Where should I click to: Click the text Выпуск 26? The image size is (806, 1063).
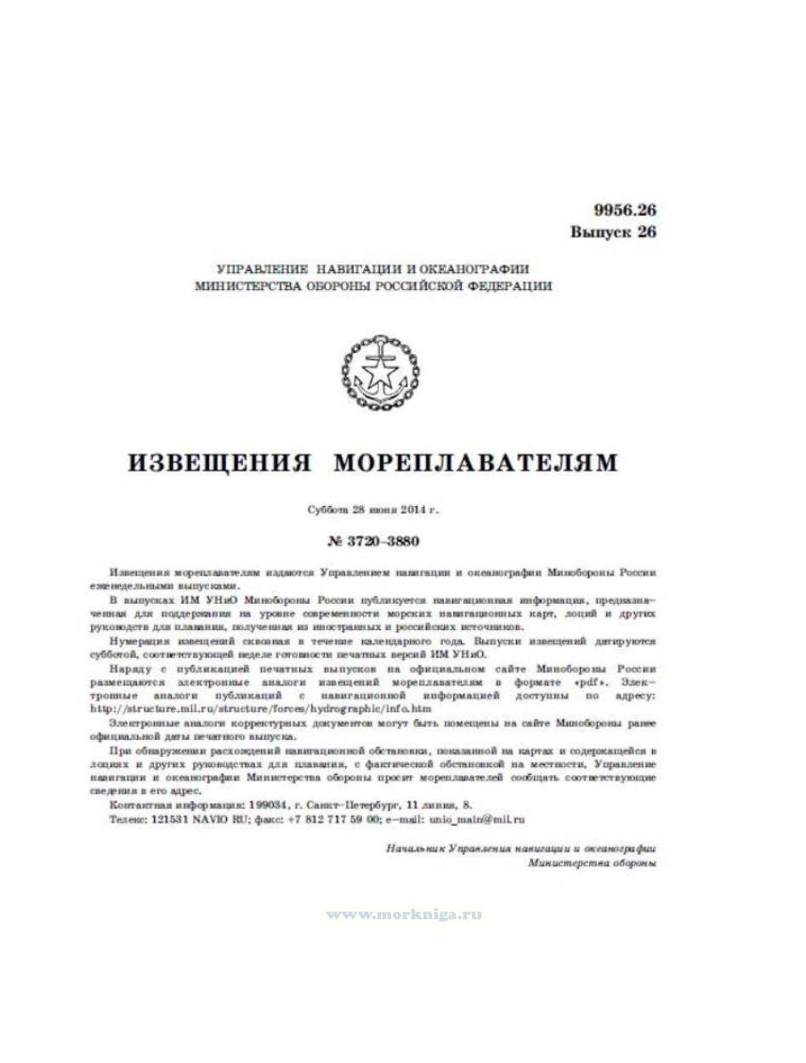613,232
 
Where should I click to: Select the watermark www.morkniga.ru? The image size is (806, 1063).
404,914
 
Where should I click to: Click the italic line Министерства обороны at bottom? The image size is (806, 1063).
592,862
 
